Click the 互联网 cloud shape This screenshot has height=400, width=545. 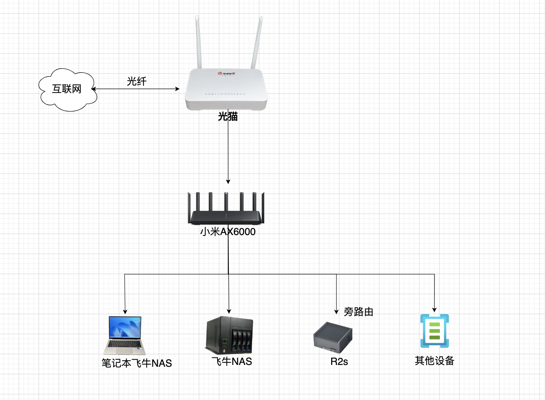click(x=67, y=89)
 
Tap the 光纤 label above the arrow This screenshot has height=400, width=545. click(x=137, y=82)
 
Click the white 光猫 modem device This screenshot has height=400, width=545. click(x=226, y=89)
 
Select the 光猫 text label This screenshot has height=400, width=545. click(x=228, y=116)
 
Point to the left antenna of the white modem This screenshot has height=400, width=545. click(x=198, y=41)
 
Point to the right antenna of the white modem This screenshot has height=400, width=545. click(x=257, y=41)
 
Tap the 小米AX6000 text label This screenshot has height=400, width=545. click(x=228, y=232)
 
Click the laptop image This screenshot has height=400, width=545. click(x=124, y=335)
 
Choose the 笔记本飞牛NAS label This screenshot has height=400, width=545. click(x=137, y=363)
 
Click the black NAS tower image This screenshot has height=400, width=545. click(x=229, y=335)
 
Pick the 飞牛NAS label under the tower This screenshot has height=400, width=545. click(x=232, y=361)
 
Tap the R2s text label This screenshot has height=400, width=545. click(x=339, y=362)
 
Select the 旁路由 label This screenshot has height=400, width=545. click(x=358, y=312)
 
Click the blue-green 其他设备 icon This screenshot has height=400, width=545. click(x=434, y=331)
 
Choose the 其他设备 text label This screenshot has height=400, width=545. click(x=434, y=360)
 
